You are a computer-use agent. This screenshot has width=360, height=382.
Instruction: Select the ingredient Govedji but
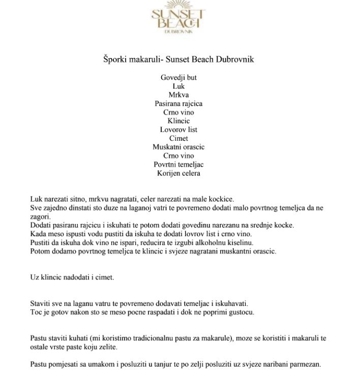coord(178,78)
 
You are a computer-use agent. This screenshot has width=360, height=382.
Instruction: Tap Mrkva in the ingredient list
coord(178,95)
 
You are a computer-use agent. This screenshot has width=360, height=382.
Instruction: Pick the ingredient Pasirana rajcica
coord(178,104)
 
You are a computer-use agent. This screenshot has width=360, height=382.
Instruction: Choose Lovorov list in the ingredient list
coord(178,130)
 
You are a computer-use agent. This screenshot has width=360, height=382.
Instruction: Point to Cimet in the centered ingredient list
coord(178,138)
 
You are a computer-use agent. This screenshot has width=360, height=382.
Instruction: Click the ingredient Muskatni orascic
coord(178,147)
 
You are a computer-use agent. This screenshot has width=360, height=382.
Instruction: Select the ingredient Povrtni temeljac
coord(178,164)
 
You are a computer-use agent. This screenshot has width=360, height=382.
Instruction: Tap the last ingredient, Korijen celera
coord(178,173)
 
